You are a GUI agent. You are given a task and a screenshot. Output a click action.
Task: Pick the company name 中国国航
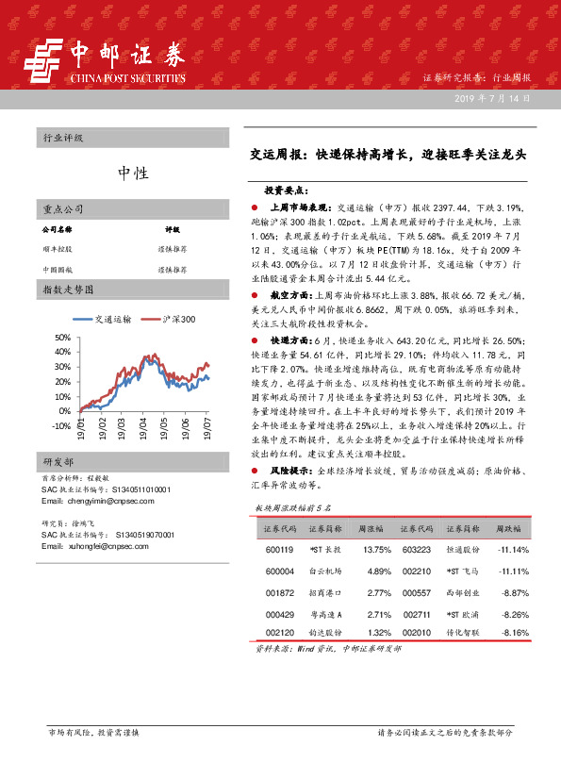click(57, 270)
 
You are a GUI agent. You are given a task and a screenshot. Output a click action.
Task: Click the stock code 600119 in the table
click(279, 550)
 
